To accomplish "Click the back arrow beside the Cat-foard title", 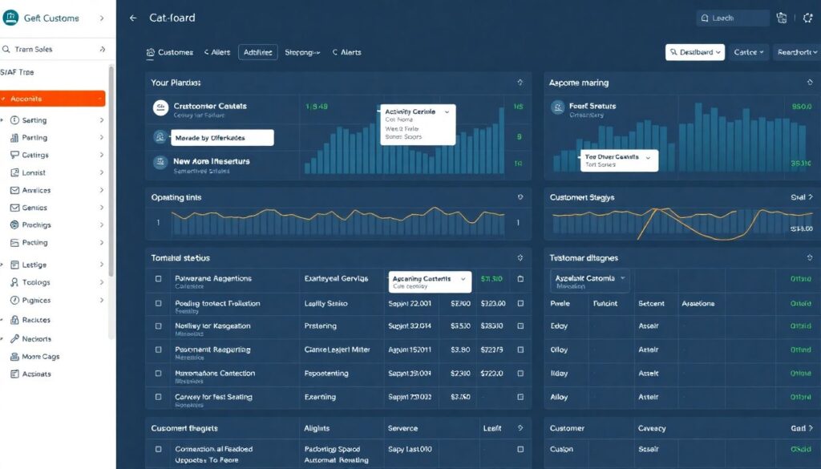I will [133, 18].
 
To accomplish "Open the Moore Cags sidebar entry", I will [40, 357].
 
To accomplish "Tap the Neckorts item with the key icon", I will [36, 339].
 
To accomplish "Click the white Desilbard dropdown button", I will [694, 52].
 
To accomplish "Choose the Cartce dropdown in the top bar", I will [750, 52].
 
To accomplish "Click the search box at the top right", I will [731, 18].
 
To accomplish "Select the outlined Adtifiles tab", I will [257, 52].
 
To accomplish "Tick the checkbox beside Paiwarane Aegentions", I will [158, 279].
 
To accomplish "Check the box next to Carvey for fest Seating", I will [158, 397].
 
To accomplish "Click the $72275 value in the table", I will [491, 350].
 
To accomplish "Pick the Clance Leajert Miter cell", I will [336, 350].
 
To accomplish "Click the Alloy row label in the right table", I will [559, 397].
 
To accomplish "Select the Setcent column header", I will [651, 304].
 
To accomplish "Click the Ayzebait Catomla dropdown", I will [591, 279].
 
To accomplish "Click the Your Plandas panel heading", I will [176, 83].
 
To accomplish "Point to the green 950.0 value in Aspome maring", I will [801, 106].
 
